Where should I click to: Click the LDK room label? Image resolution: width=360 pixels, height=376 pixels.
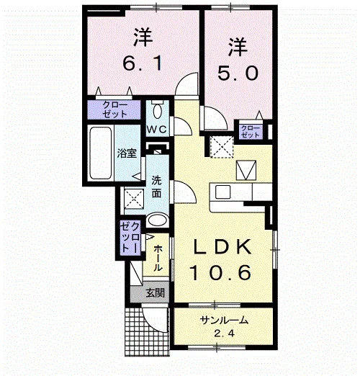pyautogui.click(x=222, y=246)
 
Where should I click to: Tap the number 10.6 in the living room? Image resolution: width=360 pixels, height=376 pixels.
pyautogui.click(x=221, y=272)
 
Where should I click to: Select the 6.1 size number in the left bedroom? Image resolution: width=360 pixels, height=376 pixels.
pyautogui.click(x=143, y=63)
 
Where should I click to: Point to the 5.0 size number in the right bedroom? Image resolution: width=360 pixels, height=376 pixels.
pyautogui.click(x=238, y=73)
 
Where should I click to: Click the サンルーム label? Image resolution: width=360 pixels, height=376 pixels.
pyautogui.click(x=224, y=321)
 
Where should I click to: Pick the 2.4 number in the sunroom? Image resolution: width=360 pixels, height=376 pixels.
pyautogui.click(x=224, y=334)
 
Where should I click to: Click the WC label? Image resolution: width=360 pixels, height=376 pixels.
pyautogui.click(x=156, y=130)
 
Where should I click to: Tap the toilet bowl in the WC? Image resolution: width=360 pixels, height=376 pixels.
pyautogui.click(x=158, y=111)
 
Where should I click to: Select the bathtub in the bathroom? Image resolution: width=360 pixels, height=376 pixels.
pyautogui.click(x=101, y=153)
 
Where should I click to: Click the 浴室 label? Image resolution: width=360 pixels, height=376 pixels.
pyautogui.click(x=127, y=153)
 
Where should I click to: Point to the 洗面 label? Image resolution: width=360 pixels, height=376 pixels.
pyautogui.click(x=156, y=187)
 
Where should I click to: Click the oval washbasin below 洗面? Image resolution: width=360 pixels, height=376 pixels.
pyautogui.click(x=157, y=220)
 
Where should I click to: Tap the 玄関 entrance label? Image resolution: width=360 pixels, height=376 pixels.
pyautogui.click(x=156, y=293)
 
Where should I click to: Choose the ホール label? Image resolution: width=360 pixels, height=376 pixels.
pyautogui.click(x=157, y=258)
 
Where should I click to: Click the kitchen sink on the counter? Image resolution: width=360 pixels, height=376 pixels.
pyautogui.click(x=222, y=192)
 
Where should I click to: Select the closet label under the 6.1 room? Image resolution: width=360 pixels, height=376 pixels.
pyautogui.click(x=114, y=109)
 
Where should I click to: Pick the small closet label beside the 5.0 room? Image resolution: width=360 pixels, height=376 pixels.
pyautogui.click(x=250, y=131)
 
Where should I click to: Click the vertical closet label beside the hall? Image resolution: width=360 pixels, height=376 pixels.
pyautogui.click(x=130, y=236)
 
